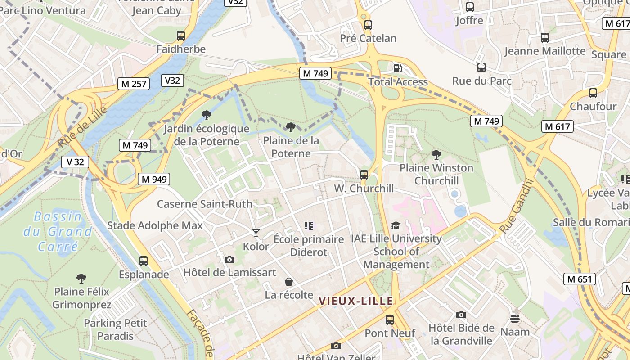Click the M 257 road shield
coord(134,83)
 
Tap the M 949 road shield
coord(154,179)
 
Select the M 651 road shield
coord(579,279)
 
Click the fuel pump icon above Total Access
coord(398,68)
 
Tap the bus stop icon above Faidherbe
coord(181,36)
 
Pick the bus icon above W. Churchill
coord(364,175)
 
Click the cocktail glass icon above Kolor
coord(256,233)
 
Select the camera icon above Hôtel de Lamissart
coord(229,259)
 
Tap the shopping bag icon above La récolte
coord(289,282)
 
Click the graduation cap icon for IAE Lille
coord(396,225)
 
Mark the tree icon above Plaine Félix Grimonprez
coord(81,279)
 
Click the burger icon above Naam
coord(515,319)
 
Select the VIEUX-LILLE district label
coord(356,301)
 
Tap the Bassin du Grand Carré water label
coord(58,232)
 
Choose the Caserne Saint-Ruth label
coord(205,204)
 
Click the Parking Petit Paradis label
coord(116,329)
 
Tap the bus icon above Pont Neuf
coord(390,320)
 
